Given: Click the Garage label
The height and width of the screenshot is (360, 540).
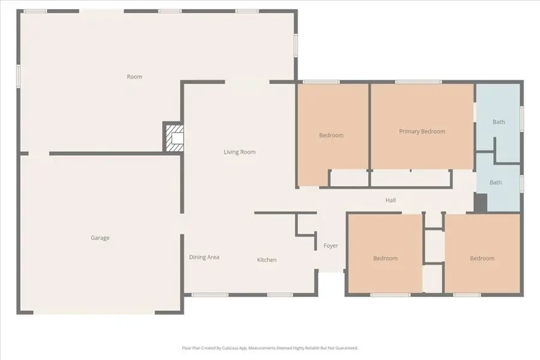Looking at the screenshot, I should (100, 238).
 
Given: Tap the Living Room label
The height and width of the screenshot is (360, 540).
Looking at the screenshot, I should (239, 152).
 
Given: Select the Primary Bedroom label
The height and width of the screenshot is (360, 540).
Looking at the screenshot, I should (422, 131).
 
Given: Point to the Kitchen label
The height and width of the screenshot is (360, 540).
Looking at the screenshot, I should (267, 260).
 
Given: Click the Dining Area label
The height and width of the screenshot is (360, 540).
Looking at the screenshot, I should (204, 257).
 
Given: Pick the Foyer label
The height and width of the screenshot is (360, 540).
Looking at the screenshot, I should (331, 246).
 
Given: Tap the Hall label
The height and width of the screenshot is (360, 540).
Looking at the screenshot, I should (391, 200).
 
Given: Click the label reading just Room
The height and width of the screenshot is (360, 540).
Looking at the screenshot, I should (134, 77).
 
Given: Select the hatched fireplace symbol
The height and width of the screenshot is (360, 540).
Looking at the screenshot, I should (174, 137).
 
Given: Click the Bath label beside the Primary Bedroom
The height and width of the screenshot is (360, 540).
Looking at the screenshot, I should (499, 122).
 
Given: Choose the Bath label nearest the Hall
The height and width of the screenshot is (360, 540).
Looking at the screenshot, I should (496, 182).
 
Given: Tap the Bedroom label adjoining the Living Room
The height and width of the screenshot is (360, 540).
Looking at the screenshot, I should (331, 136).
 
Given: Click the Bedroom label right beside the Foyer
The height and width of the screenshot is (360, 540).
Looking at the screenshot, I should (385, 259).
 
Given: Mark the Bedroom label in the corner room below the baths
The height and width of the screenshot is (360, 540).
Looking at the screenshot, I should (482, 259).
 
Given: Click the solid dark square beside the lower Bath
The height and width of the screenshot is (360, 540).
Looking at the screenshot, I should (480, 203).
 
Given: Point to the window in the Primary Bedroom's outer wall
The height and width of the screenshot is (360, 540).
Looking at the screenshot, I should (414, 82).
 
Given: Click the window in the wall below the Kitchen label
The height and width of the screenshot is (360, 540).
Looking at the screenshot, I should (280, 295).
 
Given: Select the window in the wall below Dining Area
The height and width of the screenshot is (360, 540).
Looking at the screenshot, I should (209, 295).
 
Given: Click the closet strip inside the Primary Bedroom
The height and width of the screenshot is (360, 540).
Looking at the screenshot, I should (410, 179).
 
